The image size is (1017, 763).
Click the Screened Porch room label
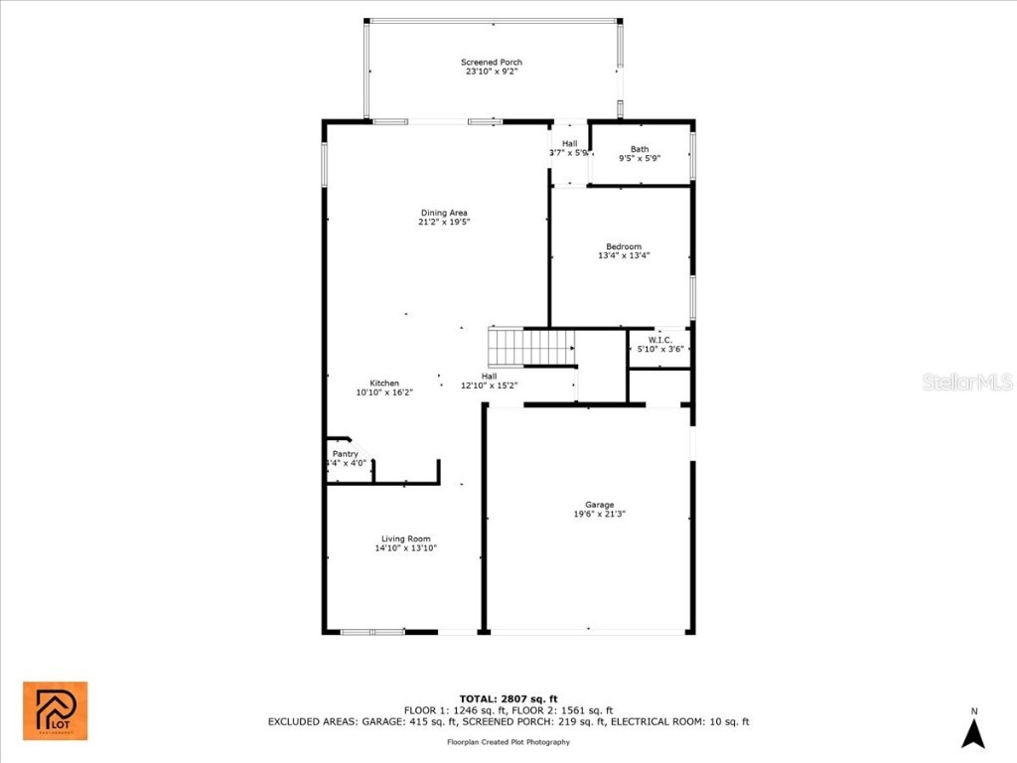491,63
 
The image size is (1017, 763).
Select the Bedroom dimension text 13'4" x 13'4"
624,255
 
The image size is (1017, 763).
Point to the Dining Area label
443,213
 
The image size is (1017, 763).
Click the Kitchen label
384,383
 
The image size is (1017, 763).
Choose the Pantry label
345,454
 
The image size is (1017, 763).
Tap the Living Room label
405,538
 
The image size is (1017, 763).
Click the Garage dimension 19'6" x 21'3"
599,514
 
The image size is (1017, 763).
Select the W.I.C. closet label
660,340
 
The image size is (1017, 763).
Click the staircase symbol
531,348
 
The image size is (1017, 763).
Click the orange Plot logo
56,711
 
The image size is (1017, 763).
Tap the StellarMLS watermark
966,381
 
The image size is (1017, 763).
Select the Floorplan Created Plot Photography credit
508,741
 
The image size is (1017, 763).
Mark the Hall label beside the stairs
489,376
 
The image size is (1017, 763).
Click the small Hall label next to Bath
569,144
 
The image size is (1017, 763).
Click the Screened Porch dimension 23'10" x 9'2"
491,72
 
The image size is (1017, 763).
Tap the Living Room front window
372,631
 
